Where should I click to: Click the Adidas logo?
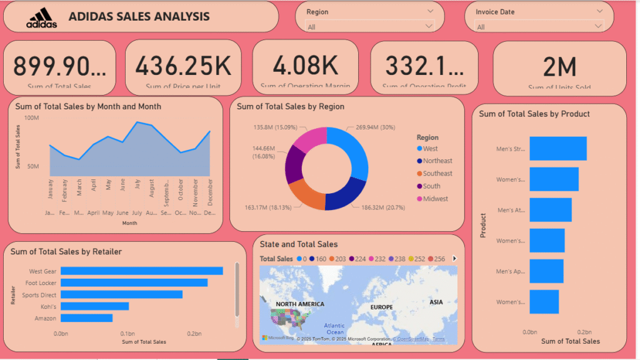(x=41, y=18)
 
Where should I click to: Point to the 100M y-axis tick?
(x=31, y=117)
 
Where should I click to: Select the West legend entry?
(x=430, y=149)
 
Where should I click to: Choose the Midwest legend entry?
(x=435, y=199)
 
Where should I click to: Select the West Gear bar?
(x=141, y=271)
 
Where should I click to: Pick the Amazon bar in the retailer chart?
(x=86, y=318)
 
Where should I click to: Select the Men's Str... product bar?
(x=558, y=149)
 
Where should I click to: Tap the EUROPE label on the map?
(x=381, y=307)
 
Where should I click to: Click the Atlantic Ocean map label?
(x=334, y=329)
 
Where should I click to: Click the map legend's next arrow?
(x=454, y=259)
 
